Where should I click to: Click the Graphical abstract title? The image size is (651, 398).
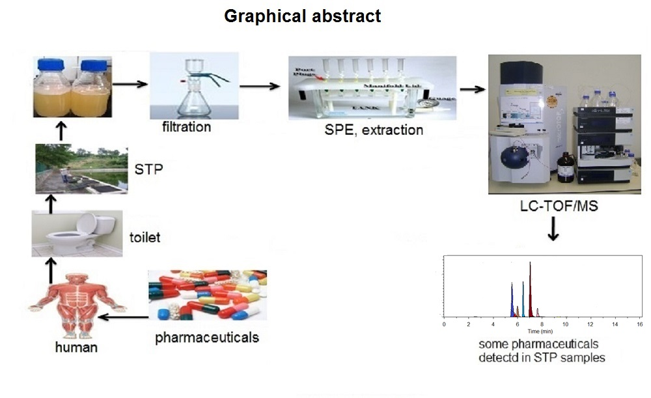[x=302, y=16]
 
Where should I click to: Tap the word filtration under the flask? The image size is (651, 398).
[x=186, y=126]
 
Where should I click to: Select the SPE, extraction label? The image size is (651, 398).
[x=374, y=130]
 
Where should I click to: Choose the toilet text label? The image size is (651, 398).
[x=145, y=238]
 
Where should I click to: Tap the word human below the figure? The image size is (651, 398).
[x=76, y=347]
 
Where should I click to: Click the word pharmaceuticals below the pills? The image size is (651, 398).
[x=207, y=337]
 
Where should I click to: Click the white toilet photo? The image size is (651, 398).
[x=77, y=233]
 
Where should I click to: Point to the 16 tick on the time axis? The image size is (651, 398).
[x=639, y=324]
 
